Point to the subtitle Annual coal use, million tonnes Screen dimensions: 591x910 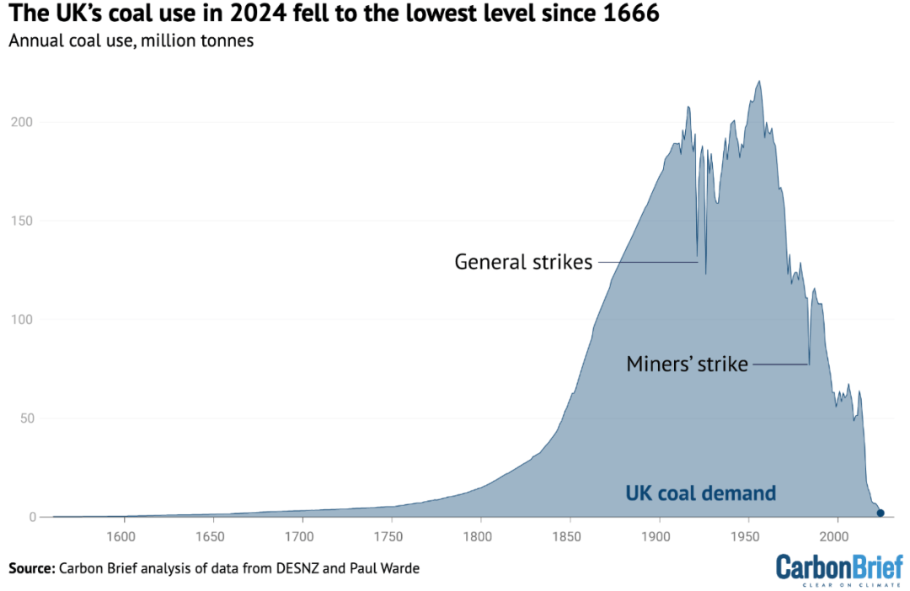tap(131, 40)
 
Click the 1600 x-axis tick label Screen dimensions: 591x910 tap(123, 535)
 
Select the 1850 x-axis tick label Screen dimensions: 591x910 tap(570, 535)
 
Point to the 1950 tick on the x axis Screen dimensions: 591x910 tap(748, 535)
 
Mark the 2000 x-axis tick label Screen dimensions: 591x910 tap(837, 535)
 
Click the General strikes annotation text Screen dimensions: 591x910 tap(523, 262)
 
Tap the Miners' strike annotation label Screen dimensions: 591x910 tap(687, 365)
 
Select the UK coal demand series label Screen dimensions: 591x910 tap(700, 493)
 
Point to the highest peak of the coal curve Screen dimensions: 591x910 tap(759, 82)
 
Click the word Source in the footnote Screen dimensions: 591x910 tap(31, 568)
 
